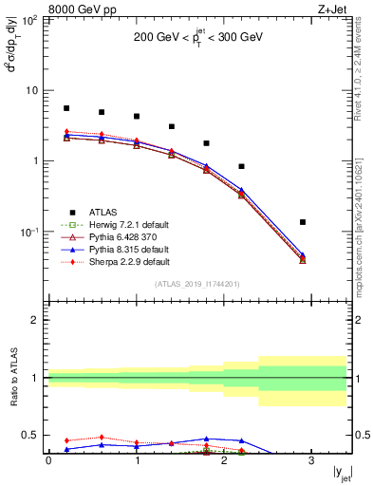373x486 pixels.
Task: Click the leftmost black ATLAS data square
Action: point(66,108)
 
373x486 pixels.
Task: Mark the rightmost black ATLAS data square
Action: point(303,222)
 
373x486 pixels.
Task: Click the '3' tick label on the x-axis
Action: point(311,460)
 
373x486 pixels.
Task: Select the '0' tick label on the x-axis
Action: point(48,460)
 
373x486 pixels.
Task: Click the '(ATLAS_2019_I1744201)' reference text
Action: point(197,284)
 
